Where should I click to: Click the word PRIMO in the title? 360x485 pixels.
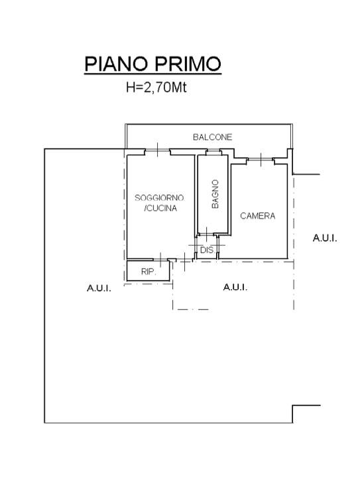pos(188,64)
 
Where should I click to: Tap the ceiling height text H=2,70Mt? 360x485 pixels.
pos(156,88)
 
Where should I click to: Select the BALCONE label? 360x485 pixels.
pos(213,137)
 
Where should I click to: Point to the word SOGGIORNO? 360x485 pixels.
pos(159,198)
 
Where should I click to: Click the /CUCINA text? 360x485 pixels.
pos(160,208)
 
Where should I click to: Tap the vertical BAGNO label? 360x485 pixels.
pos(215,194)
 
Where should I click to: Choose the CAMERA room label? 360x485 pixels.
pos(258,216)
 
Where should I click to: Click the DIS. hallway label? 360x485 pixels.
pos(208,250)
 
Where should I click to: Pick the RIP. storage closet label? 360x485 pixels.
pos(149,272)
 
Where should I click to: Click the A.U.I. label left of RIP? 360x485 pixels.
pos(99,288)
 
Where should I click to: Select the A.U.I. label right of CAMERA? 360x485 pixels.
pos(325,238)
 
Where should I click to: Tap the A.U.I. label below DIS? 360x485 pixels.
pos(235,287)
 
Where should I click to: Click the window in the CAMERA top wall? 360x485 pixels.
pos(261,160)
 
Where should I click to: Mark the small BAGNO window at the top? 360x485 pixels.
pos(213,151)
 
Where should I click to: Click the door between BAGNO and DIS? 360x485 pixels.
pos(206,234)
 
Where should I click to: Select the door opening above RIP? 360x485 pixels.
pos(160,259)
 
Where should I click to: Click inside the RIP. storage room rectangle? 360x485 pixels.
pos(149,271)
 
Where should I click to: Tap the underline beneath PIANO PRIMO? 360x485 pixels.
pos(153,74)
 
